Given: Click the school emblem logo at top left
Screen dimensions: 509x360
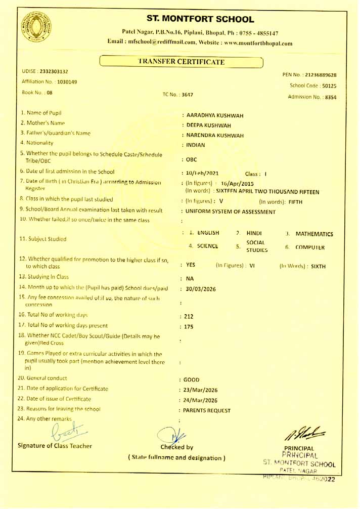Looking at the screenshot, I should [x=36, y=27].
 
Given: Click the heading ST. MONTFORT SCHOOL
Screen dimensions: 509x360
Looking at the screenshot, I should [x=200, y=20].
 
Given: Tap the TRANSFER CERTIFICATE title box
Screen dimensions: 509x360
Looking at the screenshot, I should [x=181, y=62].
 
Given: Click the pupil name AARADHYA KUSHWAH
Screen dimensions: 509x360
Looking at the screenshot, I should [x=215, y=115].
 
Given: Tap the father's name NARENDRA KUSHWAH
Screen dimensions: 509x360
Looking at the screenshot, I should [x=215, y=136].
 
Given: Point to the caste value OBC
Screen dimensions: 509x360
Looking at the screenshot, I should [x=192, y=160].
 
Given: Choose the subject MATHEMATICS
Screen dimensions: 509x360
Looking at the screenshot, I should [x=314, y=234].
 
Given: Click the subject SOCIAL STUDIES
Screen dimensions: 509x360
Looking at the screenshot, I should [x=256, y=246].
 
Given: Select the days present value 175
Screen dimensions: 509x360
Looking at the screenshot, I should [x=189, y=327].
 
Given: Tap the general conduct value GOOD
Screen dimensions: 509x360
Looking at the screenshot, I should [x=192, y=379].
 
